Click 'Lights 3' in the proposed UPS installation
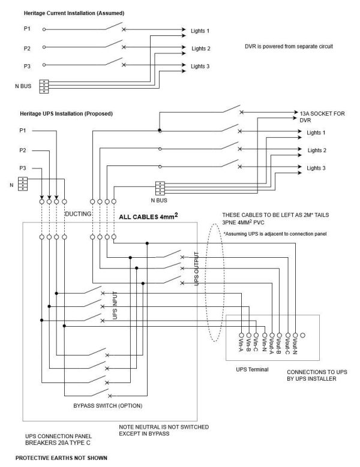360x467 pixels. pyautogui.click(x=316, y=168)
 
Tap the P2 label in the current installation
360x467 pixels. pyautogui.click(x=27, y=48)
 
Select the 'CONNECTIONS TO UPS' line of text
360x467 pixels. pyautogui.click(x=311, y=372)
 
